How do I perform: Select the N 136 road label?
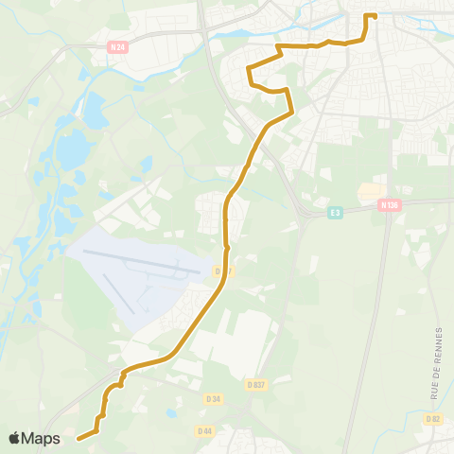[x=388, y=204]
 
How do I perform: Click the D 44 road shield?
[x=204, y=430]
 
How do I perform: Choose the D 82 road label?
[x=433, y=418]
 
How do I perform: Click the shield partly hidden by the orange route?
[x=220, y=271]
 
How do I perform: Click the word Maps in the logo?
[x=43, y=438]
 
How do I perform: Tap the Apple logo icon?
[x=16, y=438]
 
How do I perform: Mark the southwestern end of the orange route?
[x=78, y=438]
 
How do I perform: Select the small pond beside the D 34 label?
[x=171, y=413]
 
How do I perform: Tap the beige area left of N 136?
[x=370, y=192]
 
